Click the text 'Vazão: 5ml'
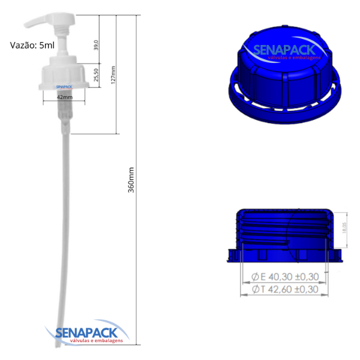coord(32,45)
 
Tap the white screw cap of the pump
coord(64,75)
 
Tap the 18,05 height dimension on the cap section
coord(344,229)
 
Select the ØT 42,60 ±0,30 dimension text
coord(283,290)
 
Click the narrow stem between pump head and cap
coord(64,42)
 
